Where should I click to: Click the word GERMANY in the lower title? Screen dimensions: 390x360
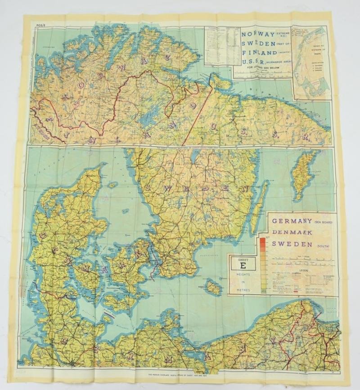[290, 221]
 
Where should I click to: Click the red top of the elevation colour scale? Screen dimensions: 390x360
[262, 240]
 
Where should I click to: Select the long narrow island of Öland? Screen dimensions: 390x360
[259, 207]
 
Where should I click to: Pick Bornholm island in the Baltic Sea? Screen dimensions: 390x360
[213, 287]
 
